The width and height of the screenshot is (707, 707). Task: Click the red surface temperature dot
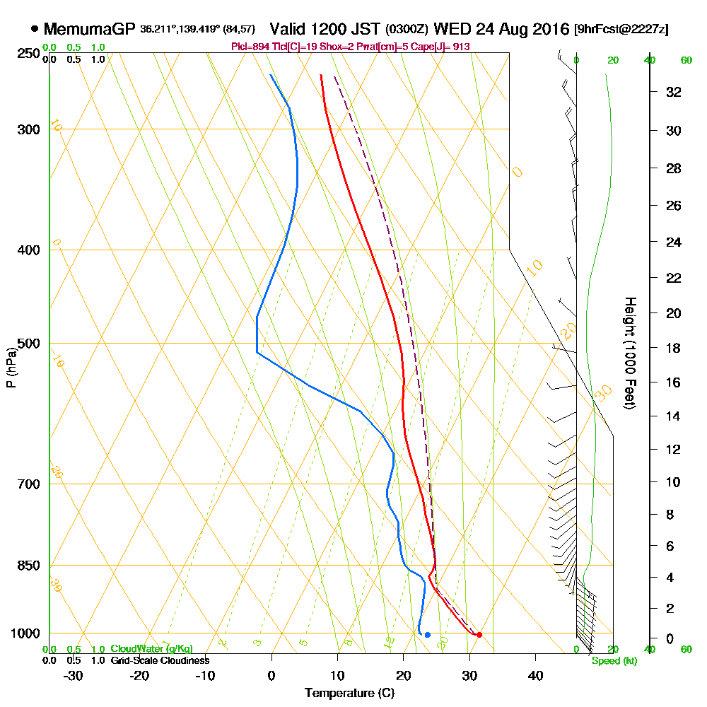tap(479, 635)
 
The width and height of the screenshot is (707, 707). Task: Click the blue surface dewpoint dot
tap(427, 635)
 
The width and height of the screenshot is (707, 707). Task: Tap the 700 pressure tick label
tap(28, 484)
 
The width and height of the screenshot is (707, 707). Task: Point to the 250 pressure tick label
tap(28, 53)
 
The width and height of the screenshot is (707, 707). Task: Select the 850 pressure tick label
tap(28, 566)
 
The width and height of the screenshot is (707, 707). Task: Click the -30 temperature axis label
tap(74, 674)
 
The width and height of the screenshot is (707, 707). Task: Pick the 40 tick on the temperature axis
tap(535, 674)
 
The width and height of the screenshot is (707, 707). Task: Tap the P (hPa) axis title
tap(11, 368)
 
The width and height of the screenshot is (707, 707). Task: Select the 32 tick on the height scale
tap(674, 92)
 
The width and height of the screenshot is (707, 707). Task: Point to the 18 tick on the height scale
tap(674, 348)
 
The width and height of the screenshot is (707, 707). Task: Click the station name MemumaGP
tap(90, 29)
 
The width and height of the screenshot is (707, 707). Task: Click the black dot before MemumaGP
tap(35, 29)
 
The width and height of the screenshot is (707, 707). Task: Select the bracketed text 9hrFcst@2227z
tap(622, 30)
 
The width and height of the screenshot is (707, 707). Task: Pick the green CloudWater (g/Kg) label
tap(151, 649)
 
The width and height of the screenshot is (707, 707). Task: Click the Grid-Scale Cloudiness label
tap(160, 660)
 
